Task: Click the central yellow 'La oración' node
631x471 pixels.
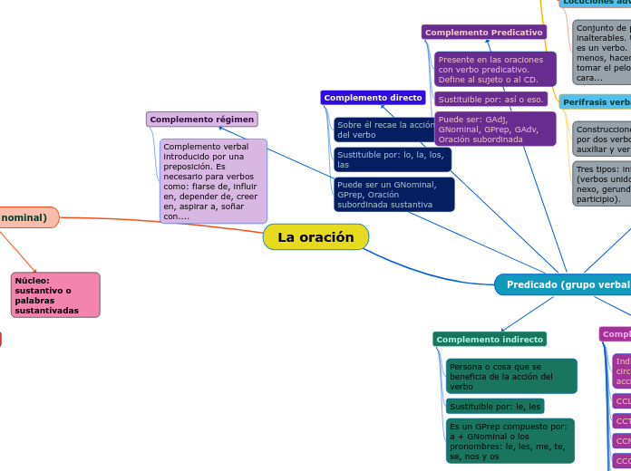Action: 315,237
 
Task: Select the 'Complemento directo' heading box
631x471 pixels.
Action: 373,98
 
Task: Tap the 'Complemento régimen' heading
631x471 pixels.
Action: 201,120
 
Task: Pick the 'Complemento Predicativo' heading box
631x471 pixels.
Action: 484,33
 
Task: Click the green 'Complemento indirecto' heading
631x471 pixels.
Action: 490,340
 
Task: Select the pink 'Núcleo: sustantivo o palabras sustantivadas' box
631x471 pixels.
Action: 55,295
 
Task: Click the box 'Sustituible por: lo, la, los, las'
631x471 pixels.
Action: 392,160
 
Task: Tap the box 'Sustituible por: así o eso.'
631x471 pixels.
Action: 490,99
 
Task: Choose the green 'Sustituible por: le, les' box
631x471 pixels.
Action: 495,407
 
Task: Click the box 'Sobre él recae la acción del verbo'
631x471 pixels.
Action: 384,130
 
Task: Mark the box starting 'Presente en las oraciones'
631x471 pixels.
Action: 495,69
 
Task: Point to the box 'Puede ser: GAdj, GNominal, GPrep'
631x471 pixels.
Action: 495,130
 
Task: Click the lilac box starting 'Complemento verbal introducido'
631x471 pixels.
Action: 213,181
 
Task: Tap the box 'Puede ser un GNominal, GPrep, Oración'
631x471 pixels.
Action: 393,195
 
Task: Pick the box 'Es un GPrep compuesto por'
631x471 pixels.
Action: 510,441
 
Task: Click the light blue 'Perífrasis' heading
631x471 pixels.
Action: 596,102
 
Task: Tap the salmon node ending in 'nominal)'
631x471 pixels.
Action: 27,217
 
